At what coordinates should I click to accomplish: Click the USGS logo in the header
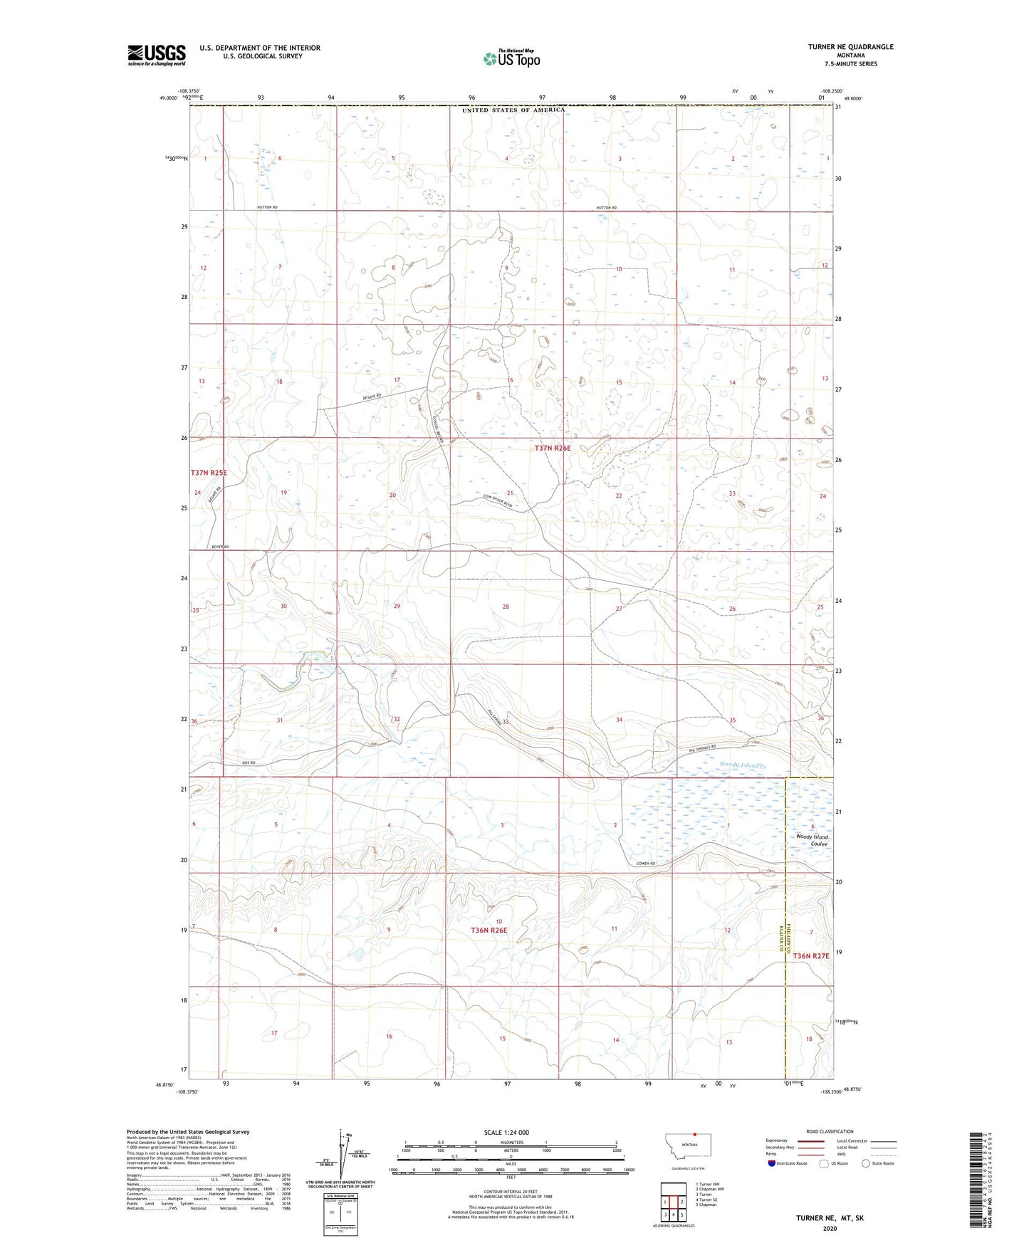point(156,55)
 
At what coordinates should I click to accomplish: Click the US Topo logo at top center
point(511,58)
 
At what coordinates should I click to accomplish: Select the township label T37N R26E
point(553,449)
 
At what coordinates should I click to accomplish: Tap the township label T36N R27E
point(811,956)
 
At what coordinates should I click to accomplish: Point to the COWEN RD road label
point(646,864)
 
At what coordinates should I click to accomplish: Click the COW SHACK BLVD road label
point(498,500)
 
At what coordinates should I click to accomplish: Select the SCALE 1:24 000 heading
point(506,1132)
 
